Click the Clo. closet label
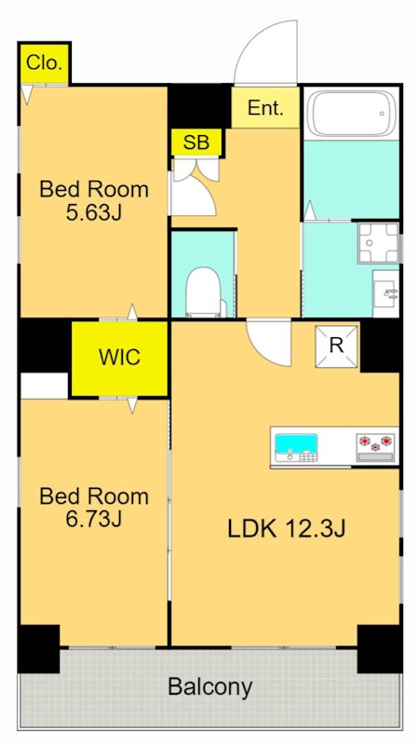coord(44,63)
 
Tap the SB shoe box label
coord(196,142)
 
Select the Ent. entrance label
coord(265,108)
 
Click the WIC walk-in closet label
coord(120,357)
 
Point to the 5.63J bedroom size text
coord(94,213)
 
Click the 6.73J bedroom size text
coord(94,520)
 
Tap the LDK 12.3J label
coord(286,528)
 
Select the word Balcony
coord(210,687)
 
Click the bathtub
coord(351,113)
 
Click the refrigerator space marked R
coord(336,346)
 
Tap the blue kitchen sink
coord(296,444)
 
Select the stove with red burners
coord(376,447)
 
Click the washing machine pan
coord(379,243)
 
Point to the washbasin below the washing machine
coord(385,293)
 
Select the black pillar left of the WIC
coord(44,345)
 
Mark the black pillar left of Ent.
coord(200,106)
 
